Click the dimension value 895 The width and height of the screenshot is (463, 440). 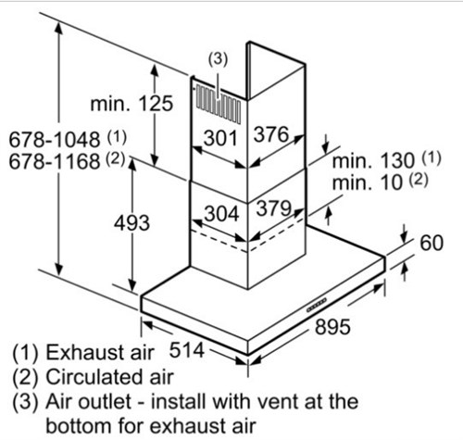(x=332, y=327)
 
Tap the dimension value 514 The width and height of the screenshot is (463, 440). (x=187, y=350)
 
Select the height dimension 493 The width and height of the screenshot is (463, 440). (x=131, y=223)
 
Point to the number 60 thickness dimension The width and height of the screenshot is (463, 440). (x=432, y=243)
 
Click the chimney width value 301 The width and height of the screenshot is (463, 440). (x=220, y=138)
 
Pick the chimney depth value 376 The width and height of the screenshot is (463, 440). (x=271, y=134)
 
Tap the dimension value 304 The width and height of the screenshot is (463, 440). (x=221, y=214)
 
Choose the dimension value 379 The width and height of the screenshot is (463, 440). (x=274, y=208)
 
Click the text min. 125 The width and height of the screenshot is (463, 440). (x=131, y=104)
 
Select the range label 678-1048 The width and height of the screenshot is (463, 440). (x=55, y=140)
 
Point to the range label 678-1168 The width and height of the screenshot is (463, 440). (x=55, y=161)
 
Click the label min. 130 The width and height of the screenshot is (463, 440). (x=373, y=160)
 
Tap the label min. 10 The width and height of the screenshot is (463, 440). (x=368, y=182)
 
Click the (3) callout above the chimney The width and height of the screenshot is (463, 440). (x=219, y=59)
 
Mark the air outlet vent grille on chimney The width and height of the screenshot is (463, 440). (x=219, y=105)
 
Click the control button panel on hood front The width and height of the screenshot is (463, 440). (x=317, y=305)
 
